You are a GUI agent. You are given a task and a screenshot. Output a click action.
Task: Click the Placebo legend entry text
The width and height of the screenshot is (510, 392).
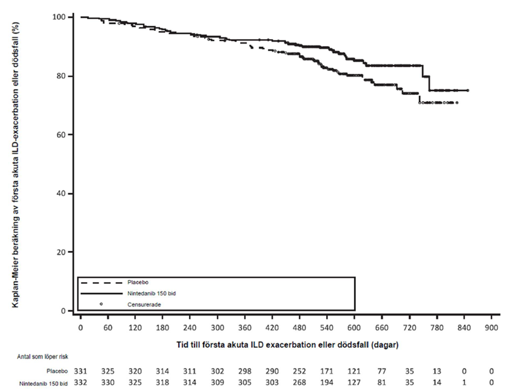pyautogui.click(x=138, y=282)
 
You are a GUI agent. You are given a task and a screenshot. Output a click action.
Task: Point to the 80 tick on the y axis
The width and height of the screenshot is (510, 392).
pyautogui.click(x=65, y=76)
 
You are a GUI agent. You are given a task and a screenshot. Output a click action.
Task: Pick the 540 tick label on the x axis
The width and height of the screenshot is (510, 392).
pyautogui.click(x=327, y=329)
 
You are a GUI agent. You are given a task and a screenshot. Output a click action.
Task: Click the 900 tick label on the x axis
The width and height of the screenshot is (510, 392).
pyautogui.click(x=491, y=329)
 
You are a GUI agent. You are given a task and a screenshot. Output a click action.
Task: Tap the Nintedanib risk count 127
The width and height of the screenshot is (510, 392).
pyautogui.click(x=355, y=383)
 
